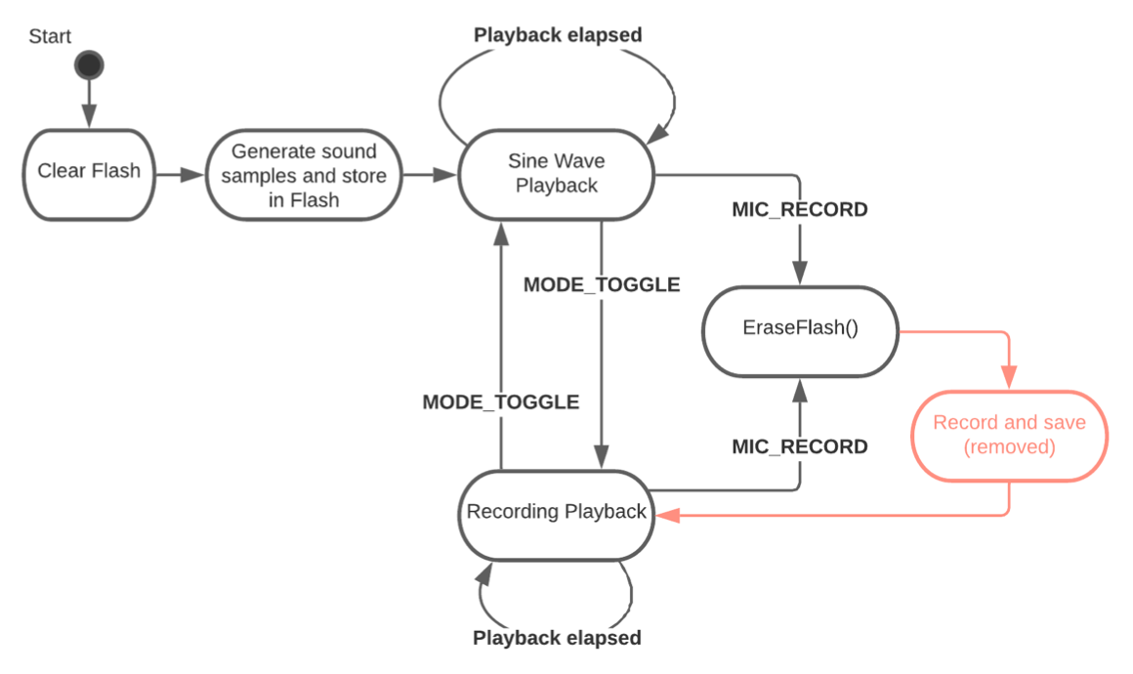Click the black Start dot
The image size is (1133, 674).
(89, 65)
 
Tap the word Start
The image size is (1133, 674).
(50, 37)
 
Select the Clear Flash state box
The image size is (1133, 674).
(89, 173)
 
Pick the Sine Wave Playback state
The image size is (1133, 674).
(557, 174)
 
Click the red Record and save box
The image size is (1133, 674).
(1009, 436)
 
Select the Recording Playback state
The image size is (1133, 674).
(556, 512)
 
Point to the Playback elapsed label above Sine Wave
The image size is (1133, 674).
(558, 35)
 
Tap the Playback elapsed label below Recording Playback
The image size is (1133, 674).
(557, 638)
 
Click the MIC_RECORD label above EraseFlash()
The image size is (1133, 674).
(800, 209)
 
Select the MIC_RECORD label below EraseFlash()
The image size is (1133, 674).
(800, 446)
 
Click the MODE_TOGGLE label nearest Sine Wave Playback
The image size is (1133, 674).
(602, 285)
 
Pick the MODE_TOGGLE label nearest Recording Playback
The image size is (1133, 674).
(501, 401)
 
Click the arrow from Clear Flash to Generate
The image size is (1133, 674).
(180, 176)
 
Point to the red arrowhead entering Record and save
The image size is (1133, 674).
(1009, 377)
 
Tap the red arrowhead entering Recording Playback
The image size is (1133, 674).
(666, 515)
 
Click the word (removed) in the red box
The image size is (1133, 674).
(1009, 447)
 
